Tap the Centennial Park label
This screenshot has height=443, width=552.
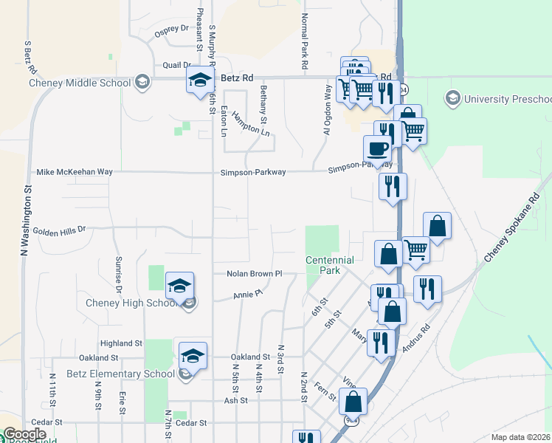click(330, 265)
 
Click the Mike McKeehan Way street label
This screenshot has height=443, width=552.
click(75, 171)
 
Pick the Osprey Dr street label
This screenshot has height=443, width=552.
click(171, 30)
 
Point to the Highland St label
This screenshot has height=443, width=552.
click(121, 343)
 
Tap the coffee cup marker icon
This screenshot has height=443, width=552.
click(378, 148)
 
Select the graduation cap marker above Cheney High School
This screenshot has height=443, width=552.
click(179, 285)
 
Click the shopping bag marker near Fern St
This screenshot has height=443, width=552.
click(353, 402)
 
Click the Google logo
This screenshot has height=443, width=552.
click(24, 434)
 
